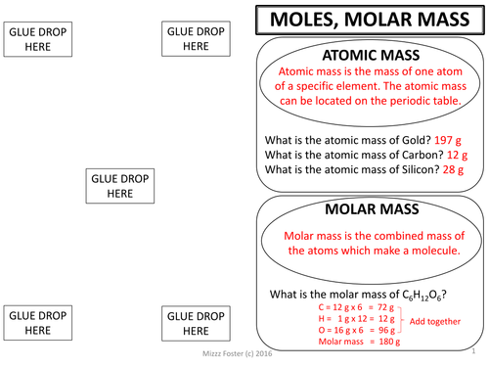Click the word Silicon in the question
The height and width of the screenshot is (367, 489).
[x=414, y=168]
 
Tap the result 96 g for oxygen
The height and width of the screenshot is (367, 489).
[x=379, y=331]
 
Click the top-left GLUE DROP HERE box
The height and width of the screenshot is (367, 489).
[x=38, y=39]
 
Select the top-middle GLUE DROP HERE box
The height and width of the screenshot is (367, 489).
[x=196, y=39]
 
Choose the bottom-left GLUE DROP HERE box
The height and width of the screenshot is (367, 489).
[x=38, y=324]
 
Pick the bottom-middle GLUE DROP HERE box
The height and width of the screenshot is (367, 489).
[x=196, y=324]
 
